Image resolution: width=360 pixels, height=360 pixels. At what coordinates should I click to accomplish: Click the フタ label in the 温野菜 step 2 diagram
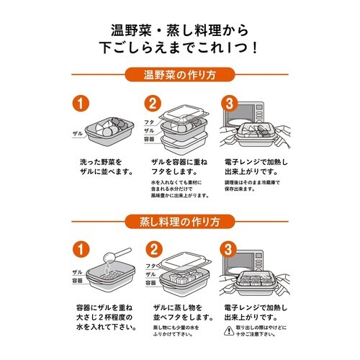pos(150,122)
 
